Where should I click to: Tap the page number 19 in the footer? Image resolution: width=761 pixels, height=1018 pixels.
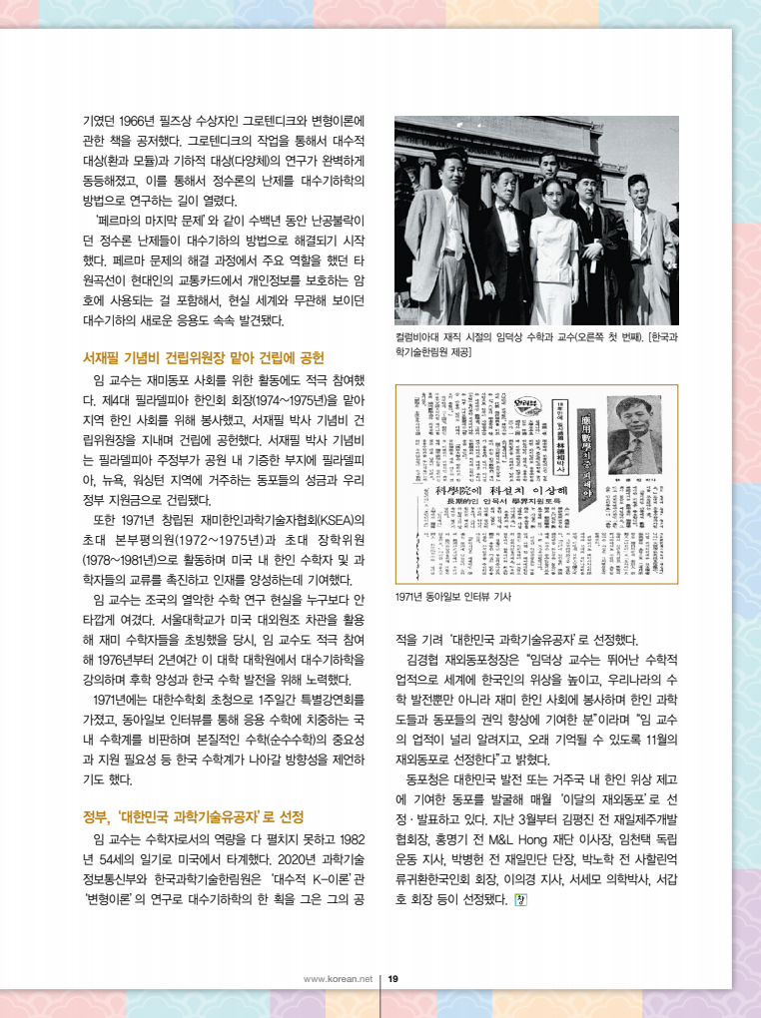pos(393,979)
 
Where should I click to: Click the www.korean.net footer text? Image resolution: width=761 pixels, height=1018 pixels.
pos(338,979)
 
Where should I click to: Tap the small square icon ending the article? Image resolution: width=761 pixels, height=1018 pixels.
pos(518,898)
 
